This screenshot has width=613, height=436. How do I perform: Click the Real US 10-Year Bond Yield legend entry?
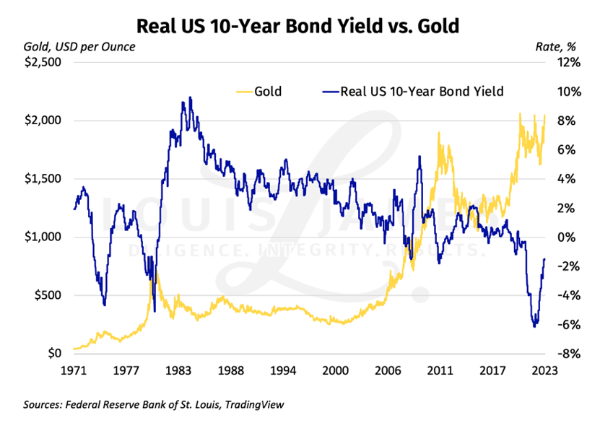pyautogui.click(x=412, y=92)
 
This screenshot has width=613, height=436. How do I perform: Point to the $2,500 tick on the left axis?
pyautogui.click(x=45, y=63)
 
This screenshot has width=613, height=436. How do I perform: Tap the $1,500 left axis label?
pyautogui.click(x=45, y=179)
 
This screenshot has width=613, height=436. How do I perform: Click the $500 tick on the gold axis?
pyautogui.click(x=49, y=295)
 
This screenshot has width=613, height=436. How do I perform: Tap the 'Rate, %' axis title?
pyautogui.click(x=555, y=47)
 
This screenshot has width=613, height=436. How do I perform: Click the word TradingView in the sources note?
pyautogui.click(x=255, y=405)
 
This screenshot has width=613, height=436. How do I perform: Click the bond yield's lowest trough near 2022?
pyautogui.click(x=534, y=327)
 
